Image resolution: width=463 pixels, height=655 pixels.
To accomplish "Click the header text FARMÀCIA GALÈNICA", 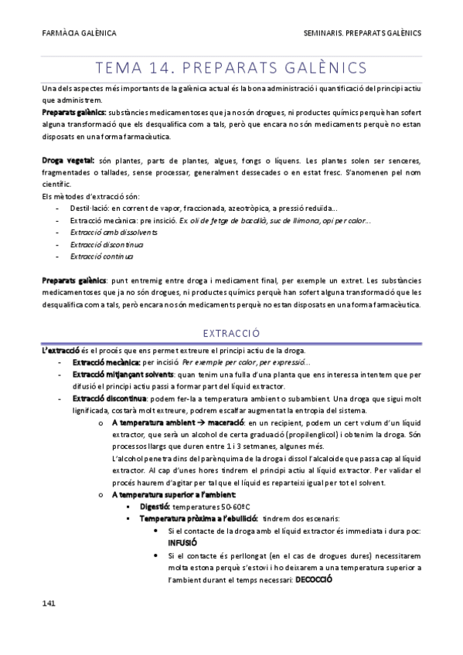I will point(79,33).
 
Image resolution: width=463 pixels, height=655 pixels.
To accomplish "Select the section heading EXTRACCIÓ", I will point(230,334).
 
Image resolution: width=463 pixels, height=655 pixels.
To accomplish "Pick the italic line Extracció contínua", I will point(101,256).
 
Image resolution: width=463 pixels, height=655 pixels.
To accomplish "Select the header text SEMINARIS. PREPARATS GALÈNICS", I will point(363,33).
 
